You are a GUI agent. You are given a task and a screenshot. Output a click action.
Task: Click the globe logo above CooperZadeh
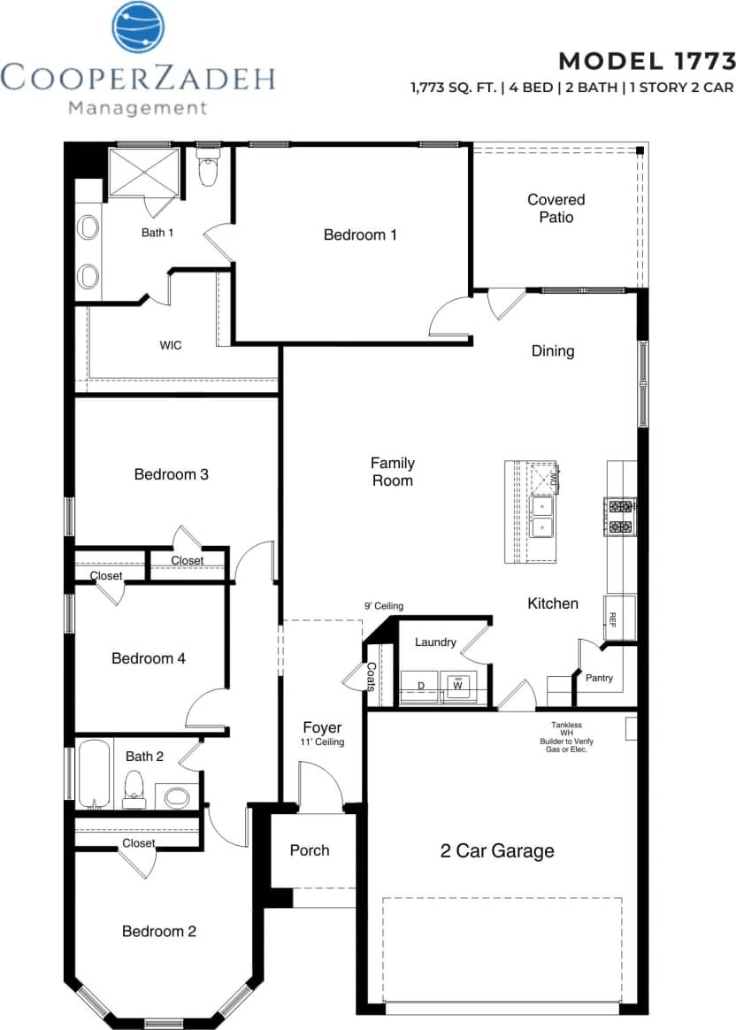(138, 27)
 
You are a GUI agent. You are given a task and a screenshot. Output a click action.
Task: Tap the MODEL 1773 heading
(647, 60)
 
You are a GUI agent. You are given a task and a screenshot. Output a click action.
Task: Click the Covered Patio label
(556, 208)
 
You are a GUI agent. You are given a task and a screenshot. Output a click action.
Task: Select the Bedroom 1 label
(360, 234)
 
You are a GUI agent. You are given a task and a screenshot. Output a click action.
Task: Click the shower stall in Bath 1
(143, 171)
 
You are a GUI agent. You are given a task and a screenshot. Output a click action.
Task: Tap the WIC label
(171, 345)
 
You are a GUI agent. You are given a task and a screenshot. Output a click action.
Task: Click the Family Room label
(392, 472)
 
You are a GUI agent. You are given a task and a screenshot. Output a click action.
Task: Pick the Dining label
(553, 351)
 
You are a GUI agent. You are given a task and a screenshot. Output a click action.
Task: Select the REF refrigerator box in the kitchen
(610, 618)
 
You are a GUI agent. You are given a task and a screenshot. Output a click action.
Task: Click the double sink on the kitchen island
(541, 516)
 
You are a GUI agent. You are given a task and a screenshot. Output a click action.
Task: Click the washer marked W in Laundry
(458, 685)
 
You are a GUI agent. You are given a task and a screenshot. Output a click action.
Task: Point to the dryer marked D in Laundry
(420, 685)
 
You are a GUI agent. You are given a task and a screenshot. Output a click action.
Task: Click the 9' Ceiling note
(383, 606)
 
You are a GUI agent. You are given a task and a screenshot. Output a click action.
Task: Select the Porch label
(310, 850)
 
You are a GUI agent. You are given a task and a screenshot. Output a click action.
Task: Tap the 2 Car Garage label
(497, 851)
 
